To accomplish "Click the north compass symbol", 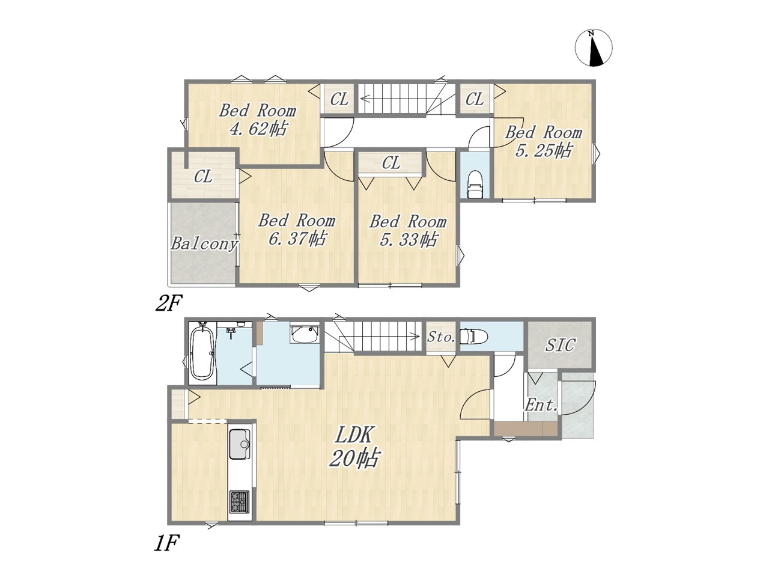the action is point(593,48).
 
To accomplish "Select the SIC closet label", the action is point(560,345).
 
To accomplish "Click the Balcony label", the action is point(204,243).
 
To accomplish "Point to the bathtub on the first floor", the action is point(202,353).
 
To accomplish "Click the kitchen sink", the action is point(240,444).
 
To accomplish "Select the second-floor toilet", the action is point(475,185).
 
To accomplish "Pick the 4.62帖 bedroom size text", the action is point(258,129).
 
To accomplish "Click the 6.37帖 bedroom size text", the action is point(297,239).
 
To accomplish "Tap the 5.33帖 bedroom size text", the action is point(408,240).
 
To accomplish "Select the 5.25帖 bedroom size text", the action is point(543,151).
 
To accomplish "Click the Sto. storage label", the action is point(441,337).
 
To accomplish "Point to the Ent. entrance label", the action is point(541,405).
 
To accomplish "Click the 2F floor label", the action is point(169,304).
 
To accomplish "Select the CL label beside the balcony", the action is point(203,177).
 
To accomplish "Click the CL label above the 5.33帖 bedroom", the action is point(391,163).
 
